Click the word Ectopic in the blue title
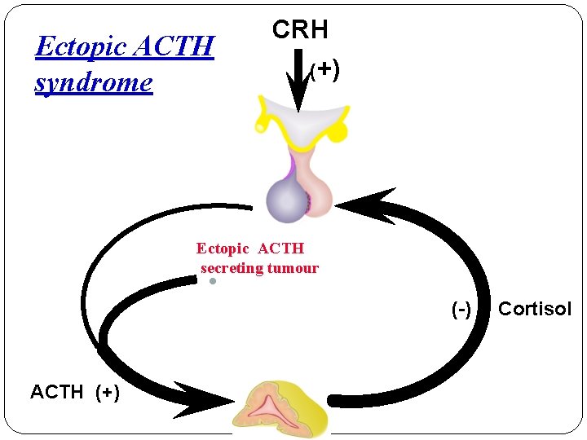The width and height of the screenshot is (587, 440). pyautogui.click(x=79, y=46)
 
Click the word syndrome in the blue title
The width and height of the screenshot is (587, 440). pyautogui.click(x=93, y=82)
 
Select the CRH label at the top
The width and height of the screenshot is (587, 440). pyautogui.click(x=300, y=30)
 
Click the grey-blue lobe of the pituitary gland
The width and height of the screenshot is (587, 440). pyautogui.click(x=285, y=200)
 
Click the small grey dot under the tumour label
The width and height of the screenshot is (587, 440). pyautogui.click(x=211, y=281)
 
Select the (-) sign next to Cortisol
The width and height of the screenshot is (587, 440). pyautogui.click(x=462, y=310)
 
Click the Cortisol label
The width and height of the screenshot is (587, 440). pyautogui.click(x=535, y=310)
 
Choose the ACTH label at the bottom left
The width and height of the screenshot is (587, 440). pyautogui.click(x=57, y=392)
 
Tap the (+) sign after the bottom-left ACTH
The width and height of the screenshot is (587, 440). pyautogui.click(x=108, y=392)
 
